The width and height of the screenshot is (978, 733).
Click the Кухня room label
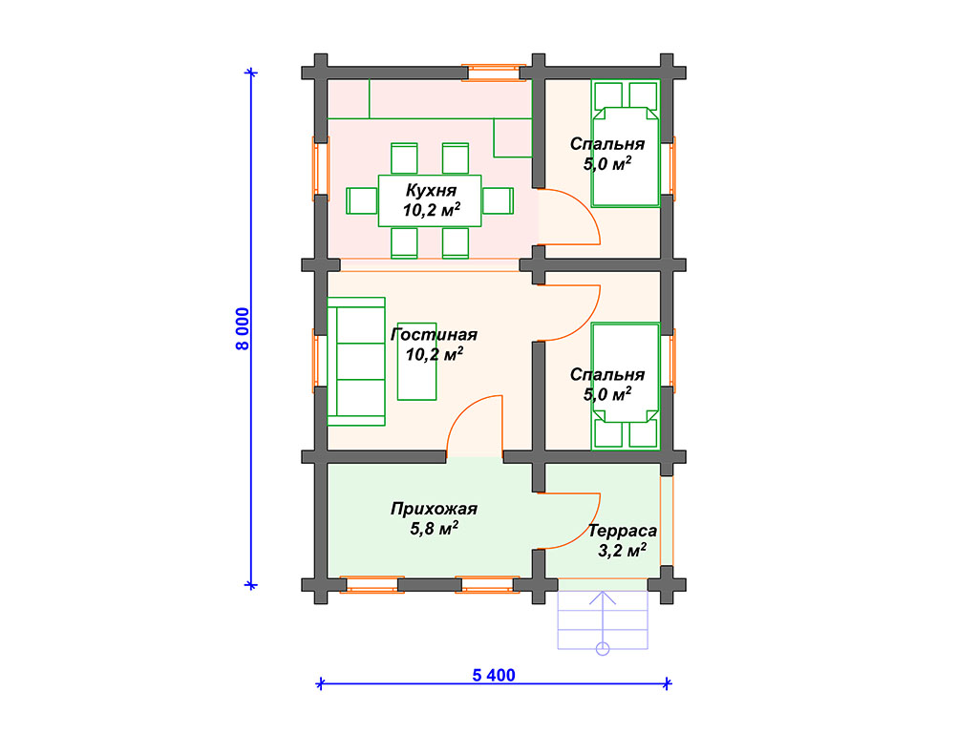pos(431,190)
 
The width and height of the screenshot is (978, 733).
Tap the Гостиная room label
pos(435,335)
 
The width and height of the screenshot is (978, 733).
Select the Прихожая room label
pos(435,510)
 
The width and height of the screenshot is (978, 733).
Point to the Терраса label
pos(623,531)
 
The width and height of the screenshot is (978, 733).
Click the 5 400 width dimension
pos(494,675)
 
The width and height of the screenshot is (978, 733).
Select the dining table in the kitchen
pos(430,200)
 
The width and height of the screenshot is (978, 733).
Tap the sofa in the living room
pos(356,362)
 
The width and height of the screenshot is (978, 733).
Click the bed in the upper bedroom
pos(626,143)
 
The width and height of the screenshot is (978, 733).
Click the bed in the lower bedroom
pos(626,386)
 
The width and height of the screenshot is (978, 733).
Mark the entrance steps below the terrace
pos(603,619)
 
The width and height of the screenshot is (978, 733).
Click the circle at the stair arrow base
pos(603,649)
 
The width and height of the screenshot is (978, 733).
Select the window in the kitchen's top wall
pos(494,73)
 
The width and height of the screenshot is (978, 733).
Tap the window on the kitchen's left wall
pos(321,168)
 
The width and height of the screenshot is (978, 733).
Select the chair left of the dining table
pos(362,200)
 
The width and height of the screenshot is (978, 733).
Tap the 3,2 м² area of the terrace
pos(623,551)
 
